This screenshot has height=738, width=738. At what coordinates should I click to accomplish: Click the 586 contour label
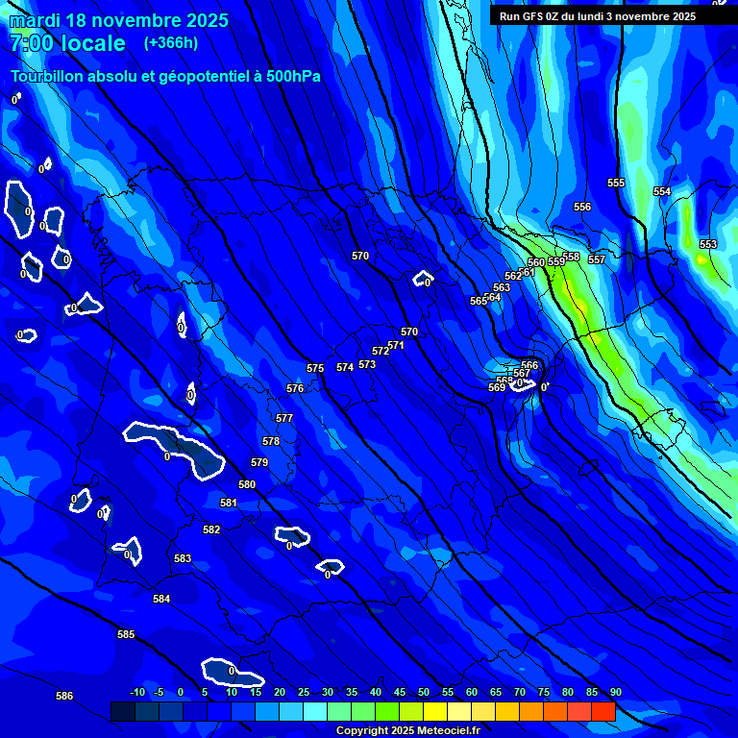coord(64,696)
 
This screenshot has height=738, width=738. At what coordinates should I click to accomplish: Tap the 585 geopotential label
coord(126,634)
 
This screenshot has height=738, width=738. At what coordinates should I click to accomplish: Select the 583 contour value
coord(183,558)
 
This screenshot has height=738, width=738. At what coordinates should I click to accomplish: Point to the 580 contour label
coord(247,484)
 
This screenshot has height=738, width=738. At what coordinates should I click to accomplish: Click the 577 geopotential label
coord(284,418)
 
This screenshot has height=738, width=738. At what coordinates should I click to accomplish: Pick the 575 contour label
coord(315,368)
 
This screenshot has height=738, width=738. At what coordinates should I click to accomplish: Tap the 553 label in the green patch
coord(708,244)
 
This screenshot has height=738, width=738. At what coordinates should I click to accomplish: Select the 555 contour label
coord(616,183)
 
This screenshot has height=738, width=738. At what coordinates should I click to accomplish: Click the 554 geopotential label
coord(662,191)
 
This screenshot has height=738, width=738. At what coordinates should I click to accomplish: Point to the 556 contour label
coord(582,207)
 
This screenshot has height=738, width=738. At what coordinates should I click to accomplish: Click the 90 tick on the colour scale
coord(615,692)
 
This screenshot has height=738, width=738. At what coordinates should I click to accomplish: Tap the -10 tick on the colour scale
coord(136,692)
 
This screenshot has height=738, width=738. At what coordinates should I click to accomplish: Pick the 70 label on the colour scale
coord(520,692)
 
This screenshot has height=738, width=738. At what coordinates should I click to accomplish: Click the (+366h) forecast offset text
coord(171,42)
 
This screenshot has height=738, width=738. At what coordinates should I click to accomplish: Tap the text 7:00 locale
coord(67,43)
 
